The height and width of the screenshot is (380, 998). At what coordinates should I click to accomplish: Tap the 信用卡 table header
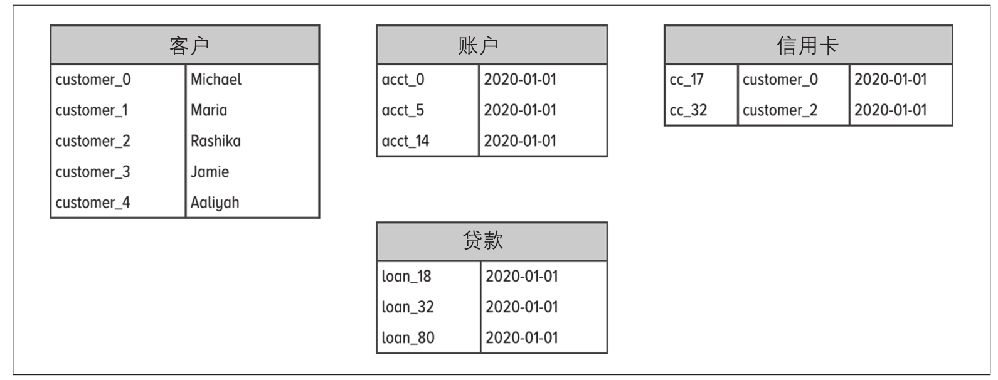pos(808,45)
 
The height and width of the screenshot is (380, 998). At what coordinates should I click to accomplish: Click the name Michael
pos(216,80)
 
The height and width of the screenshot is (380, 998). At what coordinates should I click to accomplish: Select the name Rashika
pos(215,141)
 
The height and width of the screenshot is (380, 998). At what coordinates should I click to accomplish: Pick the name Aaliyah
pos(215,203)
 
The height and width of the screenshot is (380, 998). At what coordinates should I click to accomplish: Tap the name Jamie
pos(210,172)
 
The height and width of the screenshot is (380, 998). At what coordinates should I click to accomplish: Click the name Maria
pos(209,110)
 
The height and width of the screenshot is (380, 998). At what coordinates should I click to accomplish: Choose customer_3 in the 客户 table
pos(93,172)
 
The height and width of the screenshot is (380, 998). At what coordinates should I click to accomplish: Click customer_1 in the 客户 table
pos(92,110)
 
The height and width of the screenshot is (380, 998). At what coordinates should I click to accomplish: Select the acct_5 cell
pos(403,110)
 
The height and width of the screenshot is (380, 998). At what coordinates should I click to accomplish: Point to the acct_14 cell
pos(405,141)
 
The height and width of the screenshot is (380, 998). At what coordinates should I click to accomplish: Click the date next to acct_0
pos(520,80)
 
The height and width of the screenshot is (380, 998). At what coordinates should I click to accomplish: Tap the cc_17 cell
pos(686,80)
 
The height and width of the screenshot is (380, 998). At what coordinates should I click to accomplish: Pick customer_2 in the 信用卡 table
pos(780,110)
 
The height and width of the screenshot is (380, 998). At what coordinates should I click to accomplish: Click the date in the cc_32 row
pos(890,110)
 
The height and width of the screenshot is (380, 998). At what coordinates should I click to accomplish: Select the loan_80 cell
pos(408,338)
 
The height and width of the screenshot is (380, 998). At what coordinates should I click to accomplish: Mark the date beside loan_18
pos(522,277)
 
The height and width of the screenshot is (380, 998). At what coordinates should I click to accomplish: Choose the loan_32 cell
pos(408,307)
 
